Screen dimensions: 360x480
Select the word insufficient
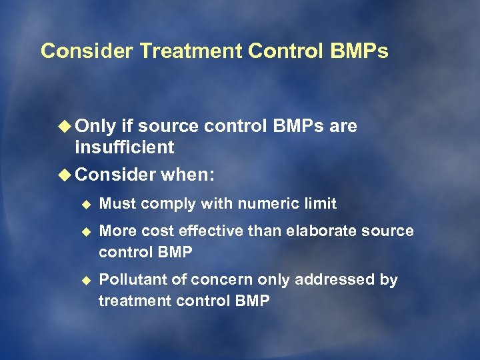125,147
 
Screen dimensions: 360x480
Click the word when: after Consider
187,175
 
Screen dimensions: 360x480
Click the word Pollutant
126,280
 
